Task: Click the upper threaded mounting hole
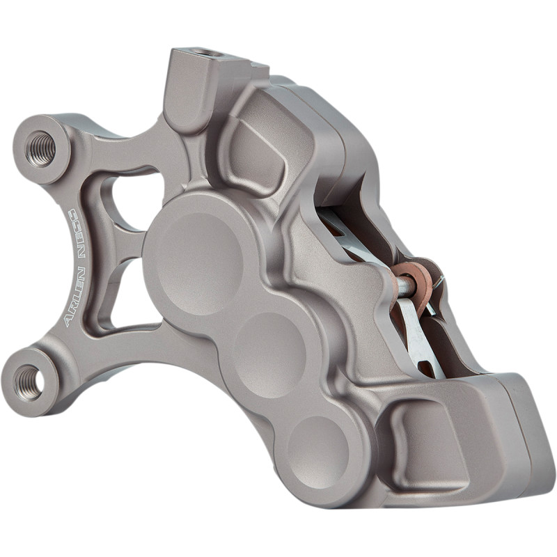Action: tap(42, 148)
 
